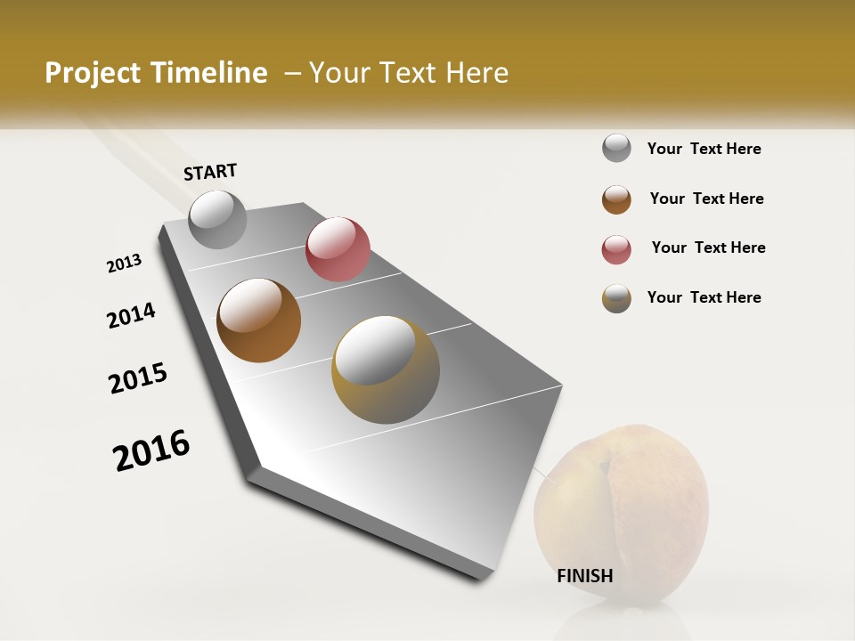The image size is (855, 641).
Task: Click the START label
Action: [210, 172]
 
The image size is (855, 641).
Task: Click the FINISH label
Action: [585, 576]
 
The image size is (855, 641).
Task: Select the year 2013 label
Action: [125, 264]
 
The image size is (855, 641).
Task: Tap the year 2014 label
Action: [132, 315]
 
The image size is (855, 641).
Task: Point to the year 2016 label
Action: [151, 450]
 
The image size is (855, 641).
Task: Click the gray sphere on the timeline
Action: [217, 220]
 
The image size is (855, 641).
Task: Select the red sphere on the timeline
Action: [338, 249]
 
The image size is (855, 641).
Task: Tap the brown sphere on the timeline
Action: [258, 320]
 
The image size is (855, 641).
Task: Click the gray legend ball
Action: [616, 148]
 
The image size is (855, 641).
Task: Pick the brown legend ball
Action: [616, 199]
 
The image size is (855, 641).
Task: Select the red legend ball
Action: [616, 249]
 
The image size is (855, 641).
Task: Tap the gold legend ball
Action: [616, 298]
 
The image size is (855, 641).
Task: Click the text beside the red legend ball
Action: [708, 247]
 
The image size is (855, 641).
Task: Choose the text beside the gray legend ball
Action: [704, 149]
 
